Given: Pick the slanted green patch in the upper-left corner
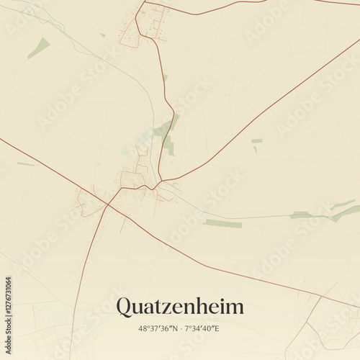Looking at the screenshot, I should click(39, 48).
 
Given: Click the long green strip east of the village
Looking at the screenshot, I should click(222, 224).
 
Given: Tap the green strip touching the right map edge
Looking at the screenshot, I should click(346, 212).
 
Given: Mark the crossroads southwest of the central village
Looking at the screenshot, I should click(109, 204).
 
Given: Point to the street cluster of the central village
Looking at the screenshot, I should click(135, 179).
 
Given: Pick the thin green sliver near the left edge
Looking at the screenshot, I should click(25, 164).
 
